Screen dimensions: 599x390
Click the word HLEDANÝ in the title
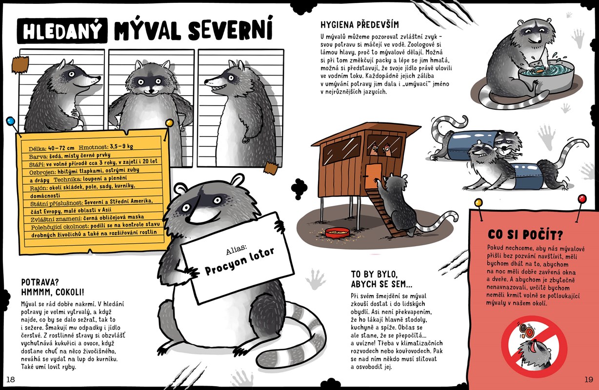pos(62,31)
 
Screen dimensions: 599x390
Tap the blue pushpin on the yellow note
pos(10,121)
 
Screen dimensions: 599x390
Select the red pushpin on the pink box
pos(582,199)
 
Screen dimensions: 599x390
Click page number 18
pos(10,379)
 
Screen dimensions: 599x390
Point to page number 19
pos(589,379)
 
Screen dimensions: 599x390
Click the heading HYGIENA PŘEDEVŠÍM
pos(359,25)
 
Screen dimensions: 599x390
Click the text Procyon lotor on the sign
pos(240,261)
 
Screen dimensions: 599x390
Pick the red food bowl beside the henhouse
pos(337,233)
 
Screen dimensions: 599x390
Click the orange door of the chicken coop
pos(373,176)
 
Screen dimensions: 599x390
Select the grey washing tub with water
pos(545,78)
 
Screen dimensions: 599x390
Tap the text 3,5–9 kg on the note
pos(121,146)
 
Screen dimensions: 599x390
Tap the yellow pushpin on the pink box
pos(479,202)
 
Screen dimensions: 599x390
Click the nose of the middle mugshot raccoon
pos(152,91)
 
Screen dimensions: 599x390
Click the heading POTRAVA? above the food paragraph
pos(40,282)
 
